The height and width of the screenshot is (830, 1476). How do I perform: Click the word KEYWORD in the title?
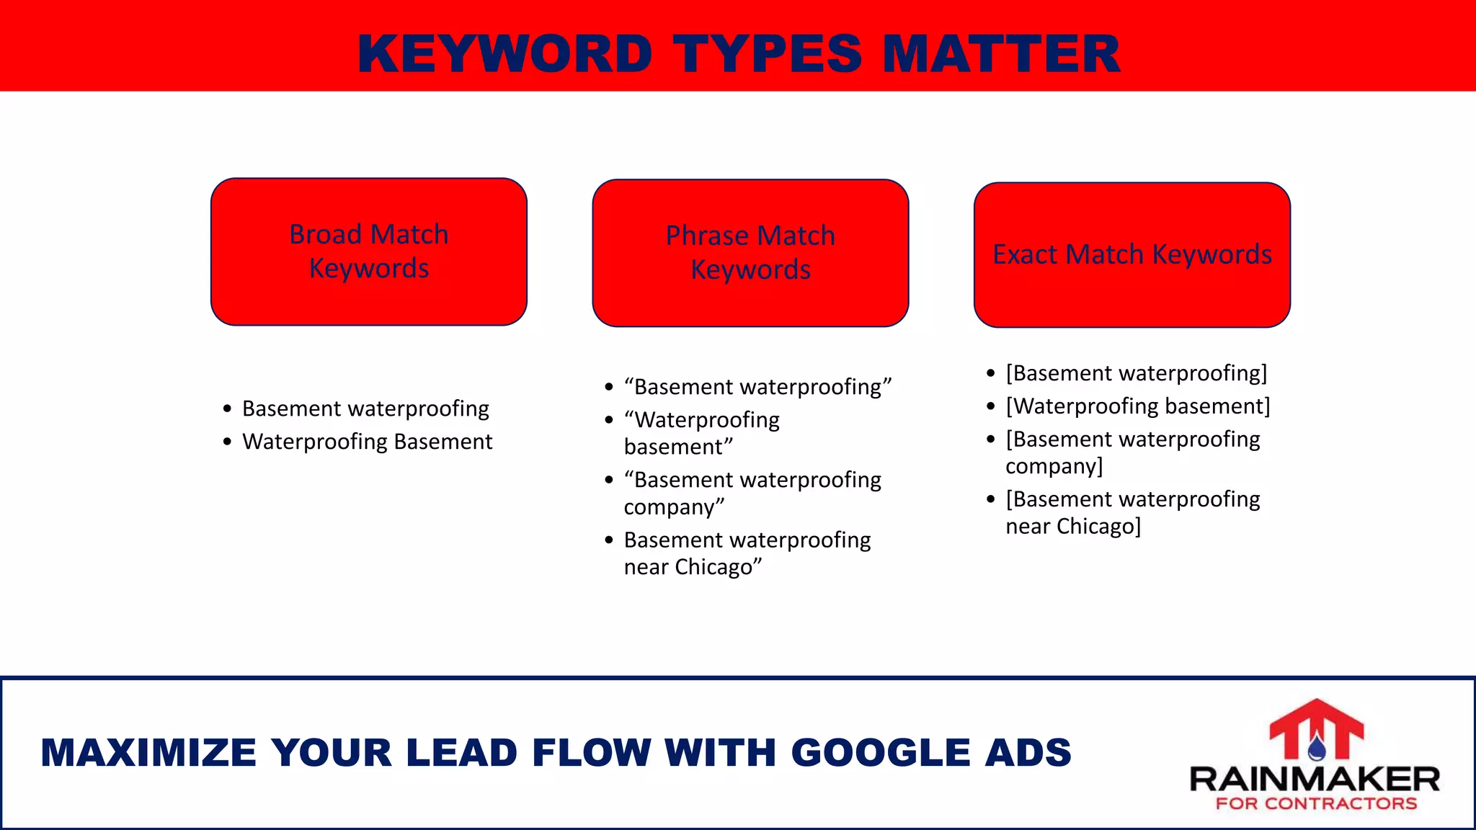[504, 54]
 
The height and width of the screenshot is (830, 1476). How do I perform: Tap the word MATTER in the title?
[1001, 54]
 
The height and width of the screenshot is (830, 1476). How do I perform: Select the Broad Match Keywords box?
[368, 251]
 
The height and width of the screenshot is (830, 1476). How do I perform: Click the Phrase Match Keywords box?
[750, 253]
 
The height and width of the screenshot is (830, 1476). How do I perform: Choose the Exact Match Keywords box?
[1132, 254]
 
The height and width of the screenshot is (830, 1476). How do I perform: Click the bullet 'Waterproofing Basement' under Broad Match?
[367, 442]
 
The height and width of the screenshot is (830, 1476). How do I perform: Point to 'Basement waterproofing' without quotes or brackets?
[365, 409]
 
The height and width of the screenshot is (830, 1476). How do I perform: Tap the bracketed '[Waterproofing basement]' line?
[1137, 406]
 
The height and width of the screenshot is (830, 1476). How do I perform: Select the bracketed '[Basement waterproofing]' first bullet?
[1136, 373]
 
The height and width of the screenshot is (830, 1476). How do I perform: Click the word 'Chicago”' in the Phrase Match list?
[729, 568]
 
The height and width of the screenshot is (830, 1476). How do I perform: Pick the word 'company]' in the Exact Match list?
[1054, 467]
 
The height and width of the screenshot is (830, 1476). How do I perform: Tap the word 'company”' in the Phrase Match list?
[674, 507]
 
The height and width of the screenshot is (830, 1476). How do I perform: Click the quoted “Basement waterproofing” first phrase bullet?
[757, 387]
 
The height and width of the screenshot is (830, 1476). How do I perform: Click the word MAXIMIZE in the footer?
[148, 753]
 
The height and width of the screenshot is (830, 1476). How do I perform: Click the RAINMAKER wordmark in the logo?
[1315, 780]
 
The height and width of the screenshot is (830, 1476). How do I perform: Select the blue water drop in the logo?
[1317, 749]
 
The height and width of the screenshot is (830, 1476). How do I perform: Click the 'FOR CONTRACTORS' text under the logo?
[1316, 804]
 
